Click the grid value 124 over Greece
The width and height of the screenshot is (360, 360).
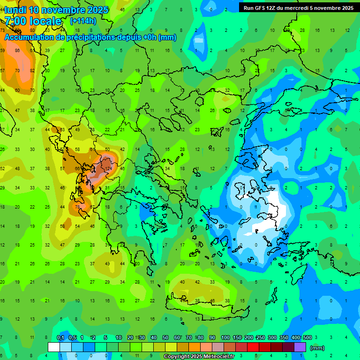pyautogui.click(x=109, y=168)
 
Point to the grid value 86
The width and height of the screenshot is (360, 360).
pyautogui.click(x=17, y=50)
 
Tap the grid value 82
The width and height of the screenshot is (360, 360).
pyautogui.click(x=32, y=71)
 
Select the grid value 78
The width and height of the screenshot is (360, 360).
pyautogui.click(x=77, y=207)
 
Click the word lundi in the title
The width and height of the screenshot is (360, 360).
pyautogui.click(x=15, y=10)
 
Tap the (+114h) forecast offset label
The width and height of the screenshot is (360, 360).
pyautogui.click(x=83, y=21)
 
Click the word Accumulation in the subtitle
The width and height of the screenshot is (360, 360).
pyautogui.click(x=28, y=37)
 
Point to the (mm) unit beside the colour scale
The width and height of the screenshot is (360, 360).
pyautogui.click(x=317, y=348)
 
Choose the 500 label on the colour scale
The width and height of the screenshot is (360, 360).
pyautogui.click(x=307, y=337)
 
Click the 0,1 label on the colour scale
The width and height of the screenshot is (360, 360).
pyautogui.click(x=60, y=337)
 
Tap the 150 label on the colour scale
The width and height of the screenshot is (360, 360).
pyautogui.click(x=237, y=337)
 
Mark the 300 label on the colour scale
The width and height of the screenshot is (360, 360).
pyautogui.click(x=272, y=337)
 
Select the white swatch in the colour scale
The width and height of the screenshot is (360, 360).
pyautogui.click(x=54, y=347)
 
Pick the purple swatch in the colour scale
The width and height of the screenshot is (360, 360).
pyautogui.click(x=300, y=347)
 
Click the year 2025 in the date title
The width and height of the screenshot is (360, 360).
pyautogui.click(x=95, y=10)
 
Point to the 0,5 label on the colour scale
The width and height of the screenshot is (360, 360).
pyautogui.click(x=73, y=337)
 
